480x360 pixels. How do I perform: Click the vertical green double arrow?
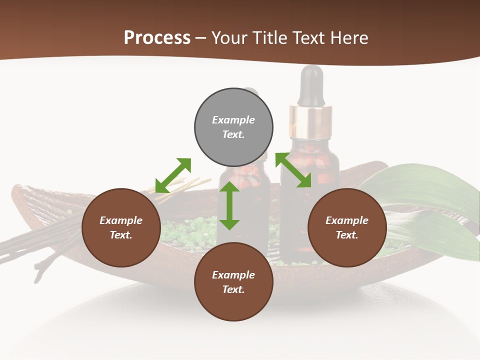tap(229, 205)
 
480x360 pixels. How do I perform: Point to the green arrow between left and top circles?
tap(173, 175)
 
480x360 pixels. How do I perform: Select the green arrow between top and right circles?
tap(293, 170)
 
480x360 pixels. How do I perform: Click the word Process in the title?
tap(157, 37)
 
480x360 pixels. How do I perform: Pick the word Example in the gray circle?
tap(233, 120)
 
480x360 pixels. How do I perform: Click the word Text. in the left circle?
tap(121, 235)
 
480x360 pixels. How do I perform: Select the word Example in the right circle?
tap(347, 220)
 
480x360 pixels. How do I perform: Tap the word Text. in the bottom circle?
tap(233, 289)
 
